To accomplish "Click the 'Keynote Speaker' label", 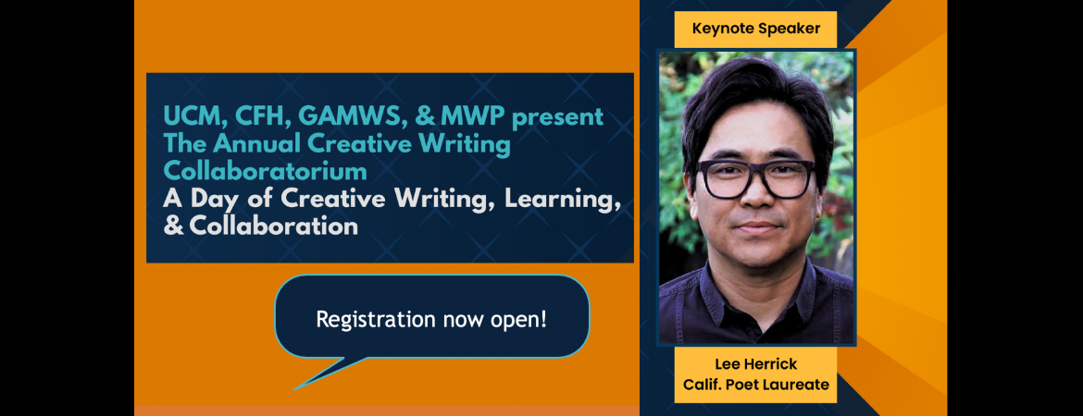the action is pyautogui.click(x=755, y=29).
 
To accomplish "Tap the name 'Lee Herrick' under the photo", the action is pyautogui.click(x=755, y=363).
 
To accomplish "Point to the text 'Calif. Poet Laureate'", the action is pyautogui.click(x=755, y=385).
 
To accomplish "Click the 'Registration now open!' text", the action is pyautogui.click(x=431, y=320).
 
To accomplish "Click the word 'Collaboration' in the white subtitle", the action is pyautogui.click(x=273, y=226).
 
